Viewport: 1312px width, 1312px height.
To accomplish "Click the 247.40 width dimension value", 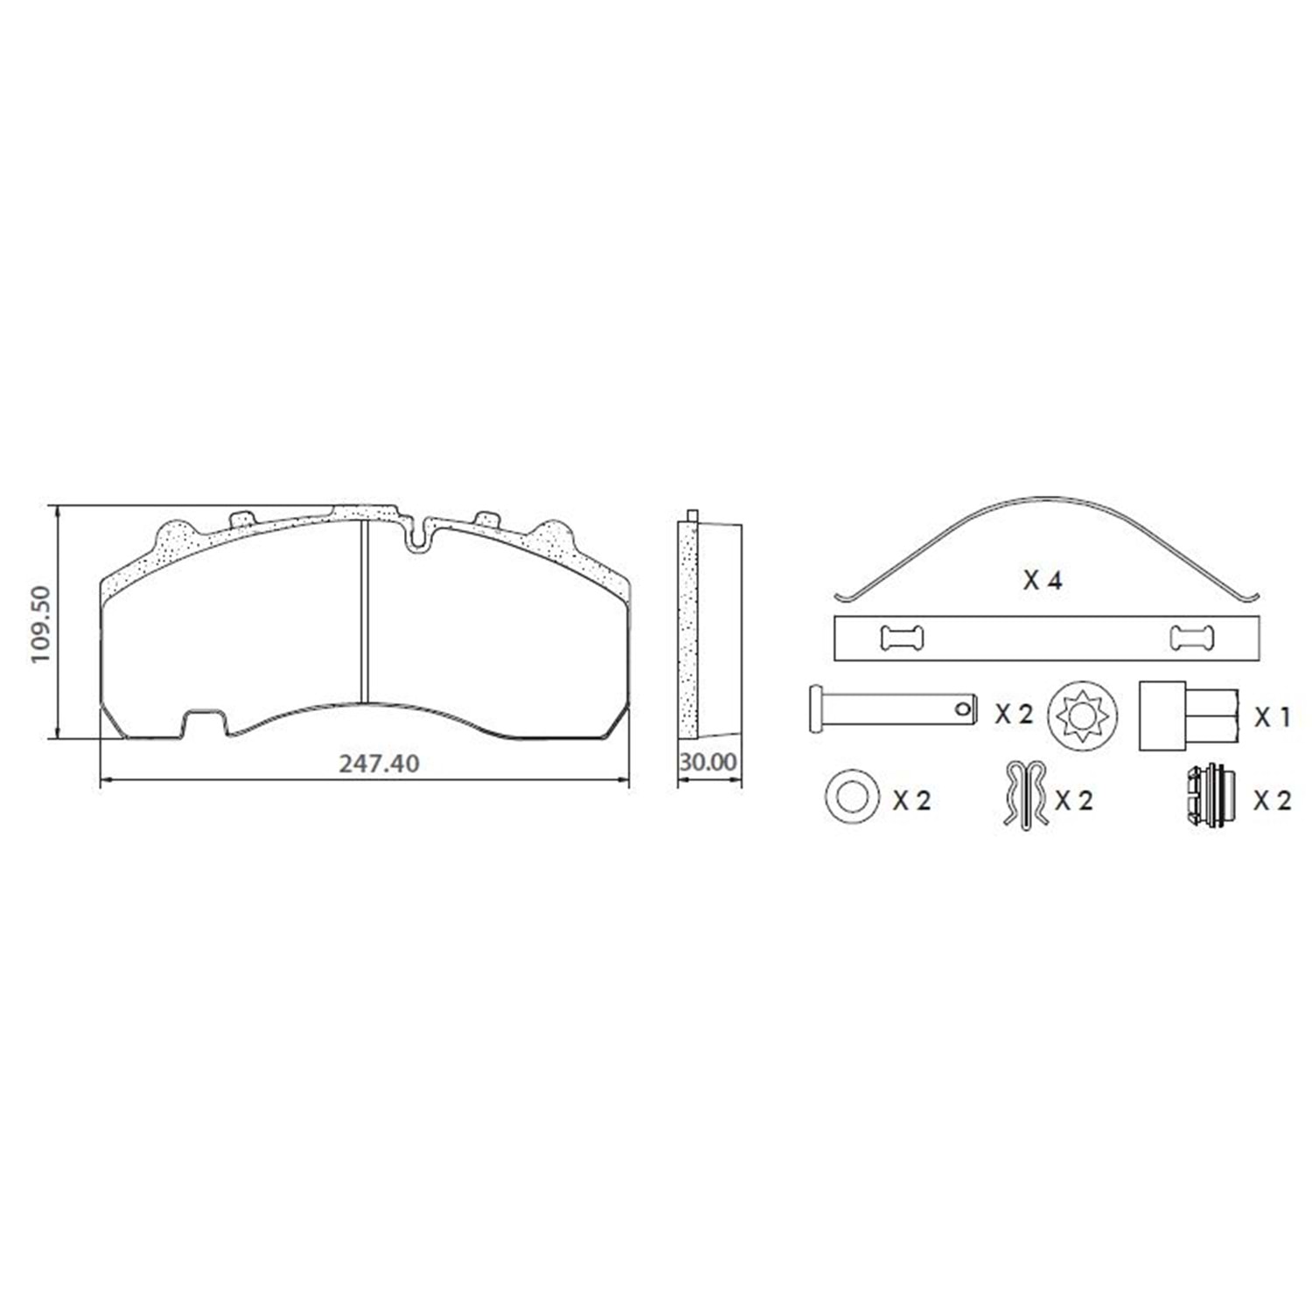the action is point(379,764).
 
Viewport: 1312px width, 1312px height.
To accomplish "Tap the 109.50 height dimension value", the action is point(41,625).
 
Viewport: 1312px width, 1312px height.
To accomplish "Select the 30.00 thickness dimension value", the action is point(708,763).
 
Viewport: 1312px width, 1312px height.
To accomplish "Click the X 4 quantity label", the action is point(1043,580).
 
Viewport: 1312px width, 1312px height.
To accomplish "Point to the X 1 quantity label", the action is point(1273,717).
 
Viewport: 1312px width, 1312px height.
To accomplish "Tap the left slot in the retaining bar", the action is point(901,639).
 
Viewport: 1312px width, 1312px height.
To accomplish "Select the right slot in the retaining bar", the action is point(1191,639).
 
